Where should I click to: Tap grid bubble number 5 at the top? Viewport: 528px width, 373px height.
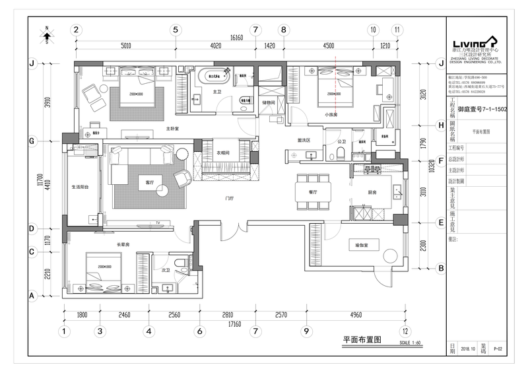click(x=175, y=30)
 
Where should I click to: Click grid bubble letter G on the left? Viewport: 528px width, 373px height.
click(x=31, y=141)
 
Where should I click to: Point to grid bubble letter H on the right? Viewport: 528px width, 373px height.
click(x=441, y=125)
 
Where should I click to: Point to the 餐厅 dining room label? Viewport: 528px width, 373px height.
click(x=313, y=192)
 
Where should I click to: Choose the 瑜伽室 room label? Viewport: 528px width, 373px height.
click(x=360, y=245)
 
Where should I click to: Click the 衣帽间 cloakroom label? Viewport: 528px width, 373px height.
click(x=223, y=153)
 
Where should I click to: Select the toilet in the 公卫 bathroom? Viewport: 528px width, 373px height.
click(x=341, y=154)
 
